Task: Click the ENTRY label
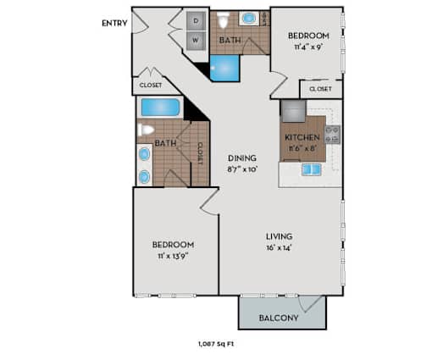pos(114,23)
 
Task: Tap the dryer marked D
pos(196,21)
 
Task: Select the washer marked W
pos(196,41)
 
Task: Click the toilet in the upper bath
pos(223,19)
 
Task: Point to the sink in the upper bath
pos(249,19)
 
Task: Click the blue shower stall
pos(224,69)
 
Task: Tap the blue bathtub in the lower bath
pos(160,108)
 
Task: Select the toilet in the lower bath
pos(146,130)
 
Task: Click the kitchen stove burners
pos(332,135)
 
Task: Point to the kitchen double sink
pos(312,169)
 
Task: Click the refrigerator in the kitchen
pos(293,111)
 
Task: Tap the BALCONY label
pos(279,318)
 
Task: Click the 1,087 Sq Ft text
pos(216,344)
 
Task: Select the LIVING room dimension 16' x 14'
pos(279,248)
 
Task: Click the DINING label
pos(242,158)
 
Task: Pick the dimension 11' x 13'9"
pos(173,257)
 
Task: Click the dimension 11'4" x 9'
pos(308,47)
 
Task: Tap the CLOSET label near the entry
pos(151,85)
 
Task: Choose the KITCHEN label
pos(302,137)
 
